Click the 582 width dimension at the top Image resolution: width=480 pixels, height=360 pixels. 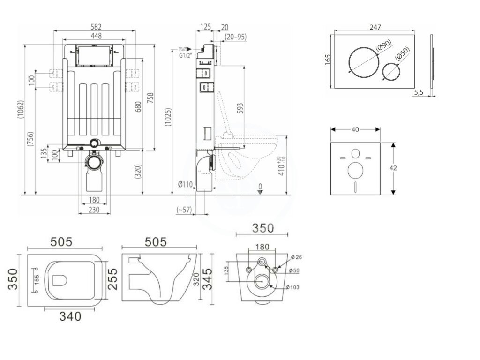tap(95, 27)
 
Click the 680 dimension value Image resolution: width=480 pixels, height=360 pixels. tap(138, 107)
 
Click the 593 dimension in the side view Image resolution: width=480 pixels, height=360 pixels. tap(240, 109)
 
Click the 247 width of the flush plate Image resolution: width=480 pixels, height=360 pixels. tap(375, 28)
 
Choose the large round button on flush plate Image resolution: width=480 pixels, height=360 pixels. tap(363, 60)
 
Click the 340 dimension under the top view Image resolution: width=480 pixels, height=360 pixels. tap(70, 316)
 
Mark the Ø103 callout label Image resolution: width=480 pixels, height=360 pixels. tap(295, 287)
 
